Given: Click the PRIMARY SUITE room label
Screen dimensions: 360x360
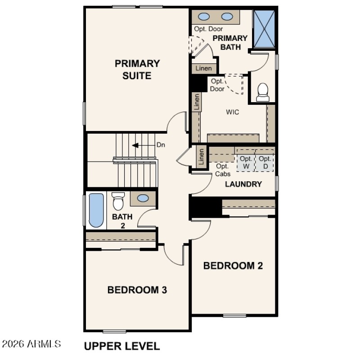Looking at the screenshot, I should coord(137,69).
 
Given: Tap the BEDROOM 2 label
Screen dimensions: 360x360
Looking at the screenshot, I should coord(233,265).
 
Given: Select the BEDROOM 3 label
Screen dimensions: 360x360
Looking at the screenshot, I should coord(137,290).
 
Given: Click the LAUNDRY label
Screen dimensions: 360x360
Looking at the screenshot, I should coord(243,184).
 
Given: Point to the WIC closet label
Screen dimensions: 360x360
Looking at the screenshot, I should coord(232,112).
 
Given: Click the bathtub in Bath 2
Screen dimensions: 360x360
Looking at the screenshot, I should coord(96,210).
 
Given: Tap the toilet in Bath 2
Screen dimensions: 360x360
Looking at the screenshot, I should coord(118,201).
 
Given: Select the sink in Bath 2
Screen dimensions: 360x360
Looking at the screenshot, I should coord(143,198).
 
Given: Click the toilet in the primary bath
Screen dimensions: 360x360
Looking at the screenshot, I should coord(263,92).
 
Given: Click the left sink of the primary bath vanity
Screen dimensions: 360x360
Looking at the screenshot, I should coord(204,17).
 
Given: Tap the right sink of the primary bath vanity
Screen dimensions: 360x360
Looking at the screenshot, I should coord(227,17).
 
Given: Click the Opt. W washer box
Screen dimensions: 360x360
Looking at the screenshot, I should coord(246,162).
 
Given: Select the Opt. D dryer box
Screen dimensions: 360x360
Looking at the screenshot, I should coord(265,162).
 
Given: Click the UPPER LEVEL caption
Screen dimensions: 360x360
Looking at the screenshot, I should coord(121,346).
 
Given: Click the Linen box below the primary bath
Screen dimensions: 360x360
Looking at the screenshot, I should coord(203,68).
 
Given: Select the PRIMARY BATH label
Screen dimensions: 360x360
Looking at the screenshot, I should coord(230,42).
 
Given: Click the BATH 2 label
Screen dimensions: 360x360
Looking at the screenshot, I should coord(122,220).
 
